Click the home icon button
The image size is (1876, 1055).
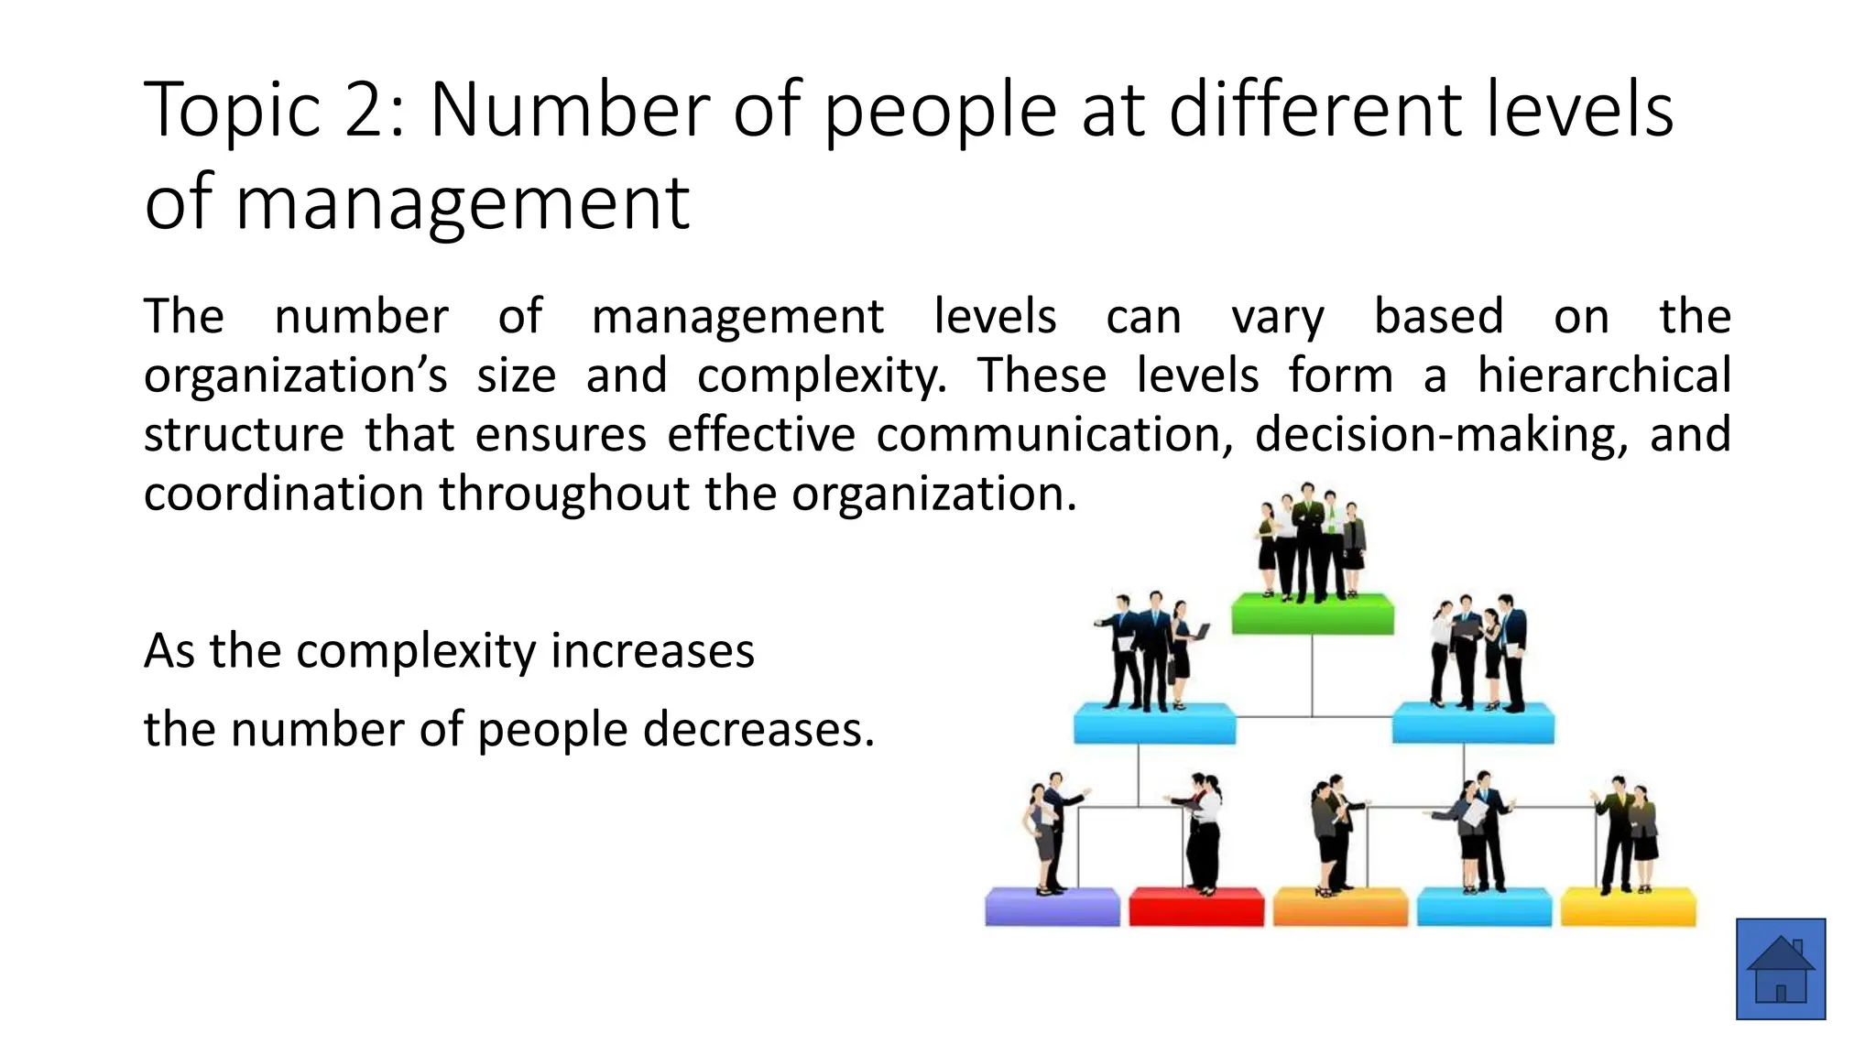click(1780, 968)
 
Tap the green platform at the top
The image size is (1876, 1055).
click(1312, 615)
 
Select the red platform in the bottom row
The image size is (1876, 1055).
click(1195, 907)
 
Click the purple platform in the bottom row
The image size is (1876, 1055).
click(1052, 907)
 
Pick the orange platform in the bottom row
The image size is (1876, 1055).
click(1339, 907)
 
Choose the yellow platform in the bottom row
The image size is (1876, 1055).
click(1628, 907)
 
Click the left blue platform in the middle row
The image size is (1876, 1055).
click(1154, 724)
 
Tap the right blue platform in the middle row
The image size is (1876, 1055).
click(1472, 724)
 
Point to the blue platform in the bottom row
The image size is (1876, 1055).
click(1484, 907)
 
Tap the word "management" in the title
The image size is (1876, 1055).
click(463, 204)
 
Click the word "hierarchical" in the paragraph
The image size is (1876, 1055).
click(1603, 375)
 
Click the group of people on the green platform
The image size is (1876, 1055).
click(1312, 542)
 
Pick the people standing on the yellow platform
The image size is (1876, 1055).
click(1627, 835)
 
